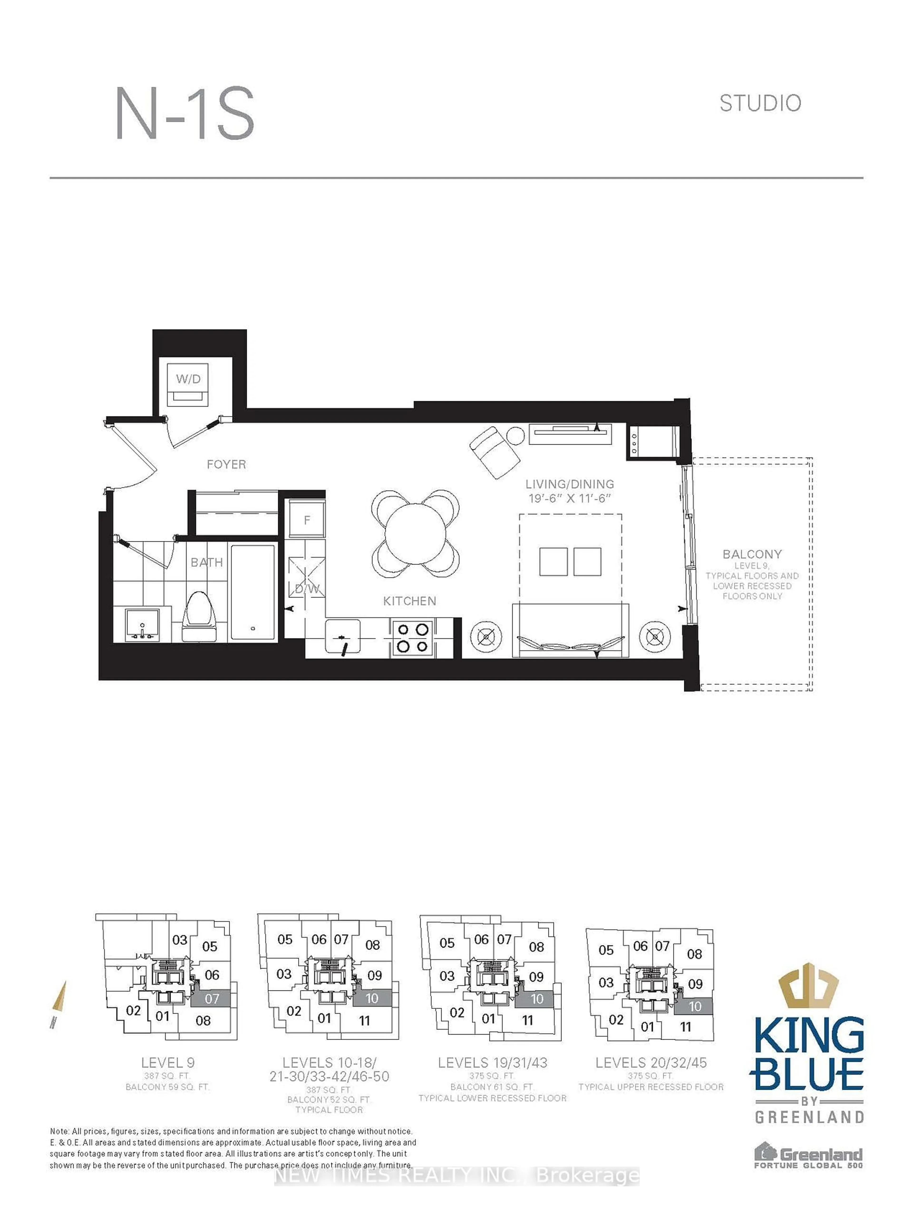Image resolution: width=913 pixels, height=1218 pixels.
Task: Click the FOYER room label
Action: point(226,464)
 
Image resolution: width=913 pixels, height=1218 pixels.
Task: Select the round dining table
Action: point(415,533)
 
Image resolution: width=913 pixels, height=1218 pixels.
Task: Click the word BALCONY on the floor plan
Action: point(752,554)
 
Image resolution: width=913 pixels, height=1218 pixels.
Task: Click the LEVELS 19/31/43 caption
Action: point(492,1063)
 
